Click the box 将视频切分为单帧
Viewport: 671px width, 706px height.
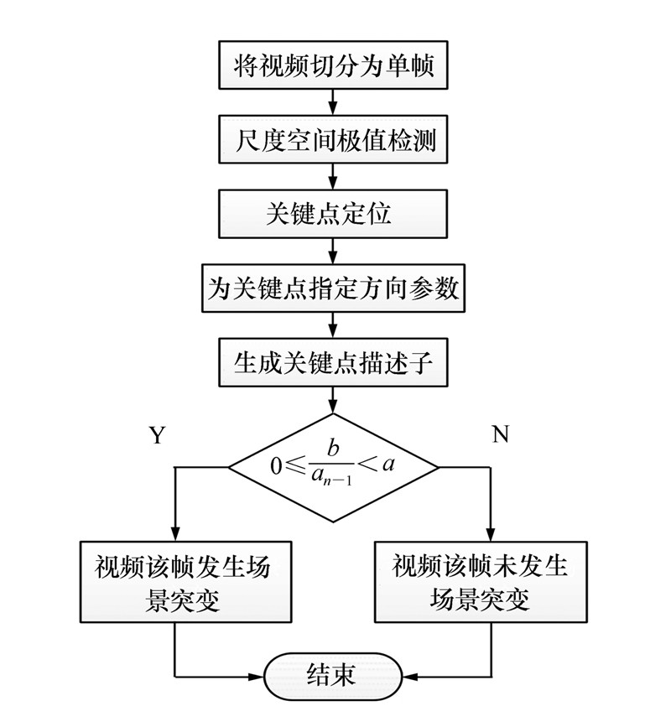click(x=334, y=65)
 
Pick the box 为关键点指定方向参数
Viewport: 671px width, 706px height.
click(x=334, y=288)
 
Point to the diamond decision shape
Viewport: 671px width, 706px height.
click(x=334, y=467)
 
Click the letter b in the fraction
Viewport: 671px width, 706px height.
click(x=333, y=450)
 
